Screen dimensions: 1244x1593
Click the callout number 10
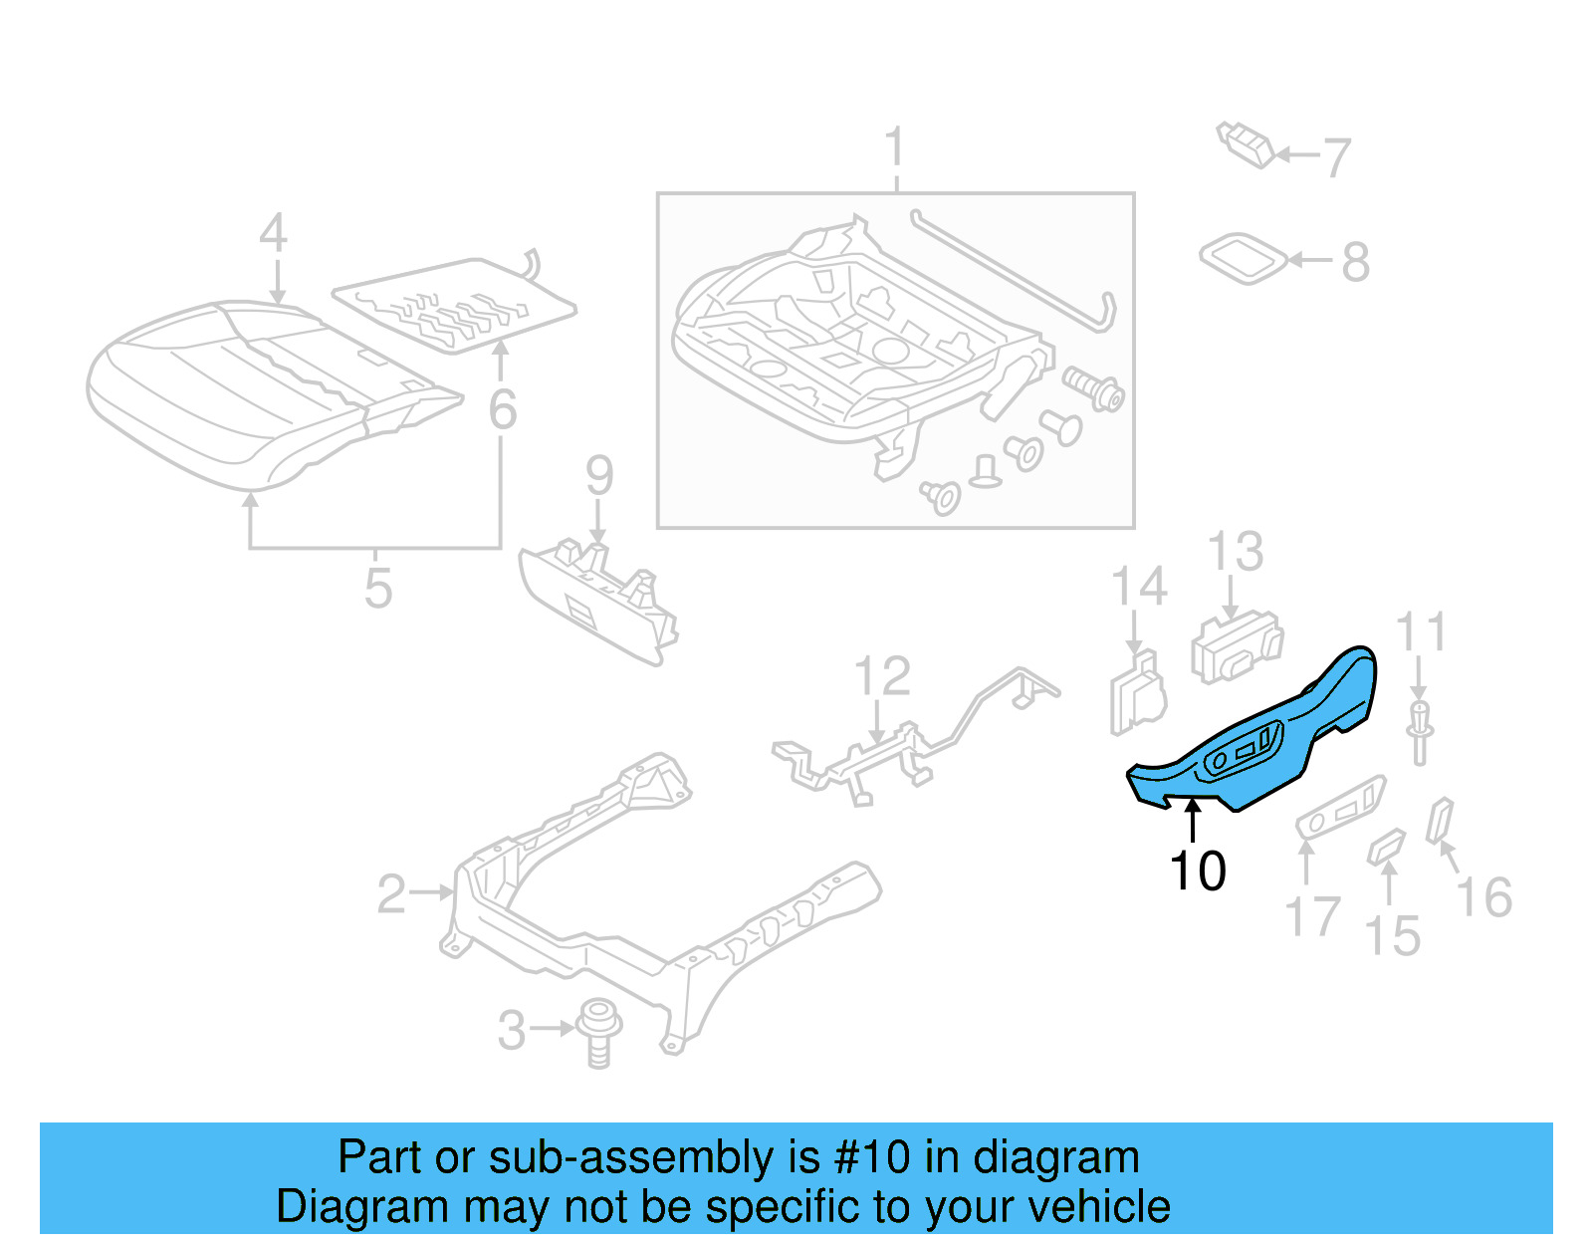click(x=1198, y=871)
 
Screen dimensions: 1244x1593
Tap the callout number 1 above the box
click(x=895, y=147)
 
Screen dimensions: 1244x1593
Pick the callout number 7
click(x=1337, y=157)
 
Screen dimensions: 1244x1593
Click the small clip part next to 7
click(x=1246, y=144)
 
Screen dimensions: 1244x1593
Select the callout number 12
click(x=882, y=677)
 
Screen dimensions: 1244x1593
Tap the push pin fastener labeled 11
click(x=1420, y=731)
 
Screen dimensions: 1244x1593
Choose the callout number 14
click(x=1138, y=588)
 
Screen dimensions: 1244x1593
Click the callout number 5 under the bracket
click(x=378, y=588)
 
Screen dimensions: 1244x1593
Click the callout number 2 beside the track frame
click(x=391, y=893)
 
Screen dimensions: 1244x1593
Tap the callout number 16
click(x=1483, y=897)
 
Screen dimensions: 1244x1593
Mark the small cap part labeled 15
click(x=1386, y=847)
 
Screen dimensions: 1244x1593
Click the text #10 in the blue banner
click(x=871, y=1157)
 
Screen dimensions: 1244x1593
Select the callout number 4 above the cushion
click(x=273, y=234)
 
